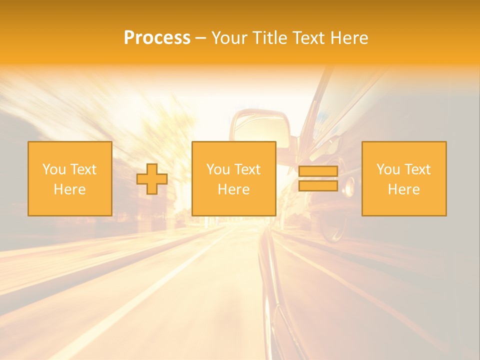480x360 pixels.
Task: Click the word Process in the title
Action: click(157, 38)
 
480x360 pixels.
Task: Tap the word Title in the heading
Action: click(268, 38)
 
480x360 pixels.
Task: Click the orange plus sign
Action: click(152, 179)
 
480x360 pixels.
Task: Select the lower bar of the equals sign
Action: click(318, 185)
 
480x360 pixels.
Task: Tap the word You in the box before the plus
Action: click(54, 169)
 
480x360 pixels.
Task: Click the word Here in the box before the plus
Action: click(69, 189)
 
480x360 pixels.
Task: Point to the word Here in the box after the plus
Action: click(233, 189)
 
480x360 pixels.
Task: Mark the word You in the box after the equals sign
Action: click(388, 169)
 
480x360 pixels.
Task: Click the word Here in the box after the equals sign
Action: click(403, 189)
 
